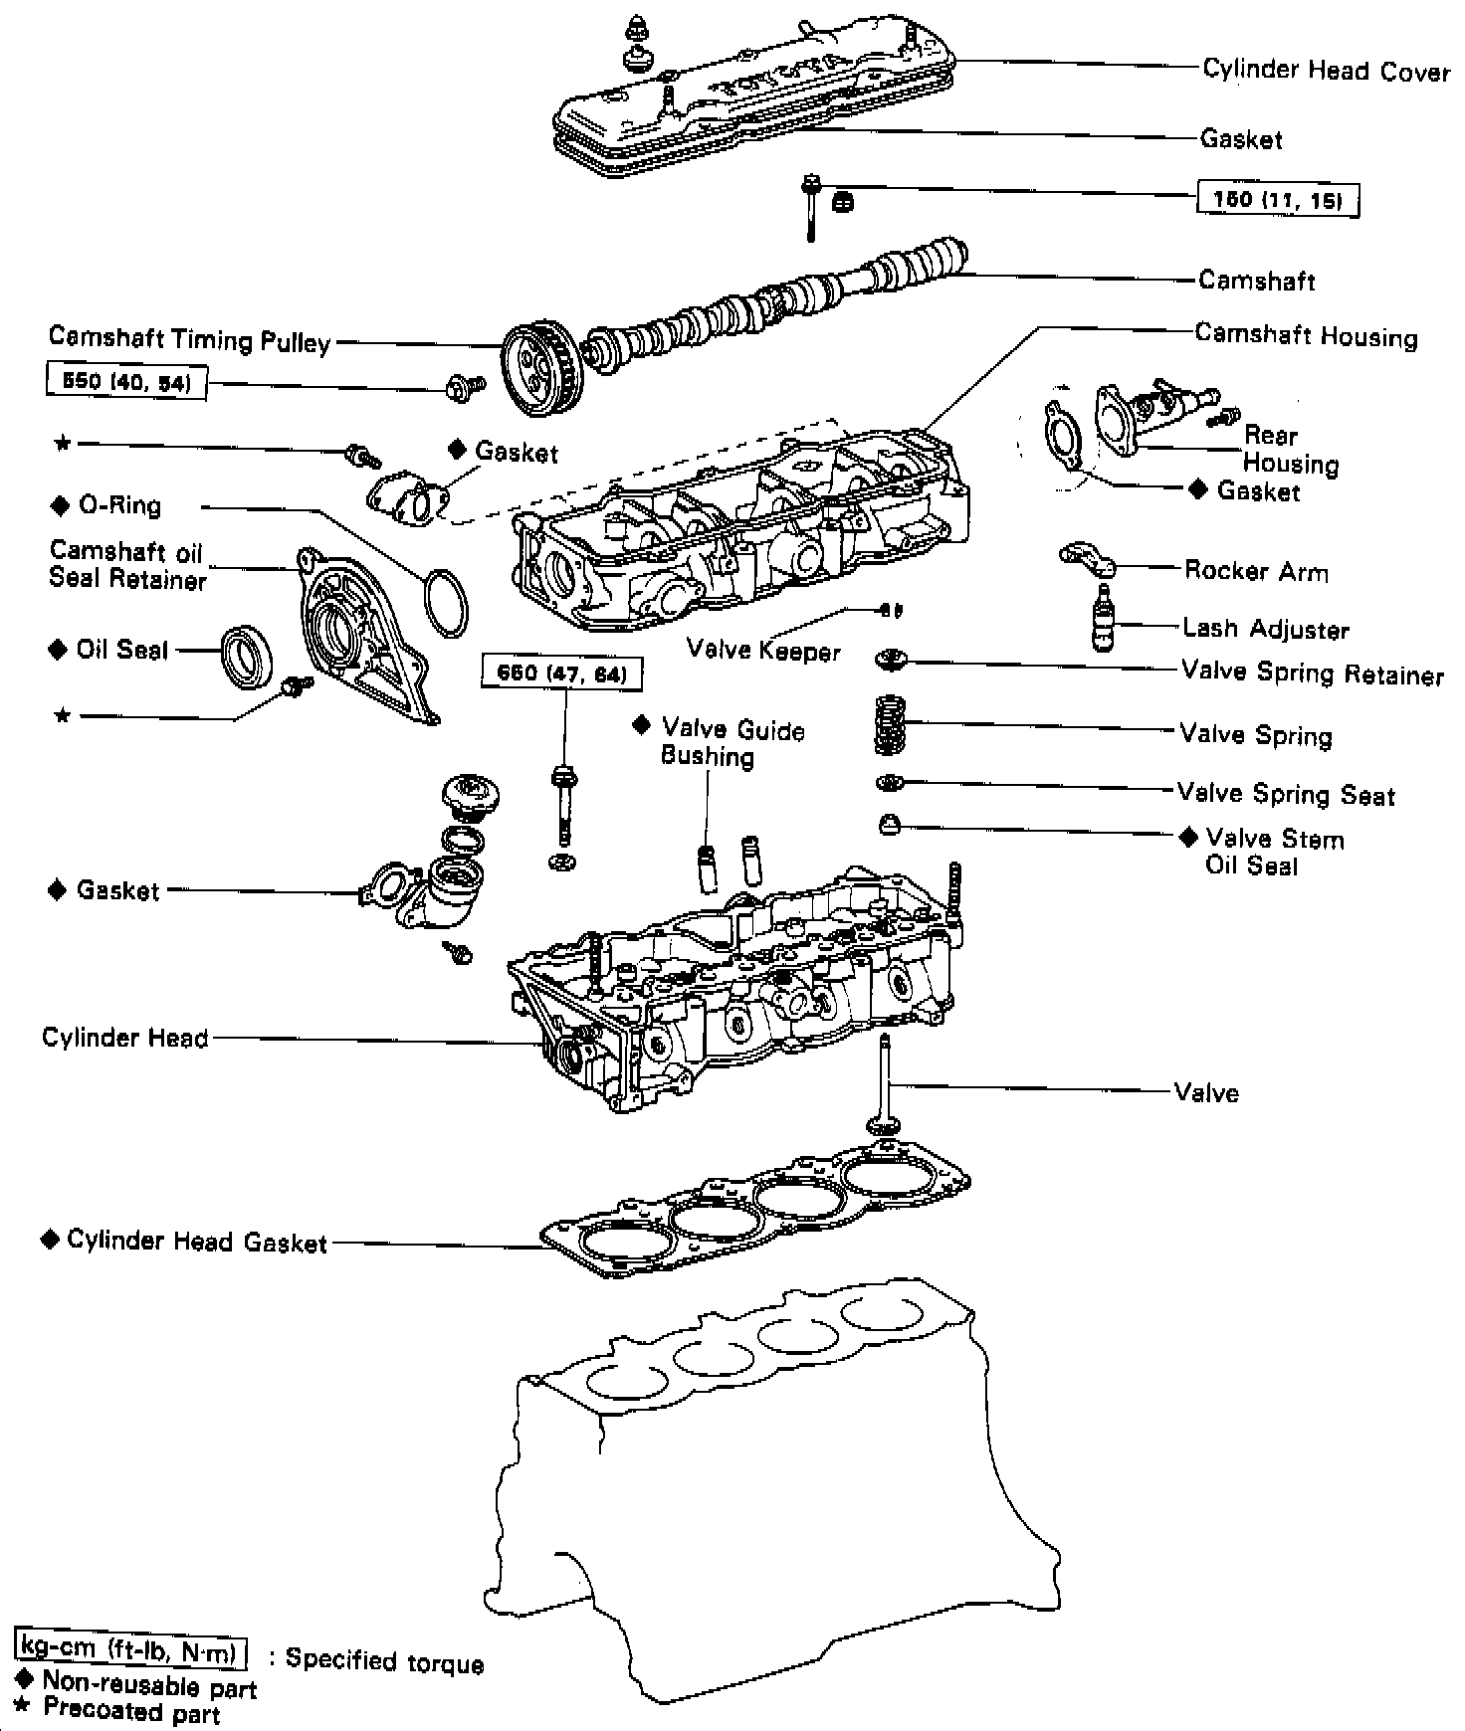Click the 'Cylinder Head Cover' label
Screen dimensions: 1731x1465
pos(1326,71)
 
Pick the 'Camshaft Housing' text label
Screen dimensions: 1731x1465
pos(1306,335)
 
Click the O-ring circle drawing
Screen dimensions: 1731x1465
pos(444,604)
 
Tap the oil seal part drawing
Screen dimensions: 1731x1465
pos(245,656)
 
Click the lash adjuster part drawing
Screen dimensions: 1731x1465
pos(1101,620)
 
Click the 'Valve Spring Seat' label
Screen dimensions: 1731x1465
pos(1286,794)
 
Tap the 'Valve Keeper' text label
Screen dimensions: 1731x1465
pos(763,651)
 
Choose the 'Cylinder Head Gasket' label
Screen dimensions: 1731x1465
pos(196,1242)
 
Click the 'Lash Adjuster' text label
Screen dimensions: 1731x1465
pos(1265,629)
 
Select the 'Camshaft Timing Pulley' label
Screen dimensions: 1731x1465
pos(189,340)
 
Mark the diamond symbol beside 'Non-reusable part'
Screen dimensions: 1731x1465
pos(26,1678)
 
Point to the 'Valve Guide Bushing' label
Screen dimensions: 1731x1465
pos(732,743)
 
